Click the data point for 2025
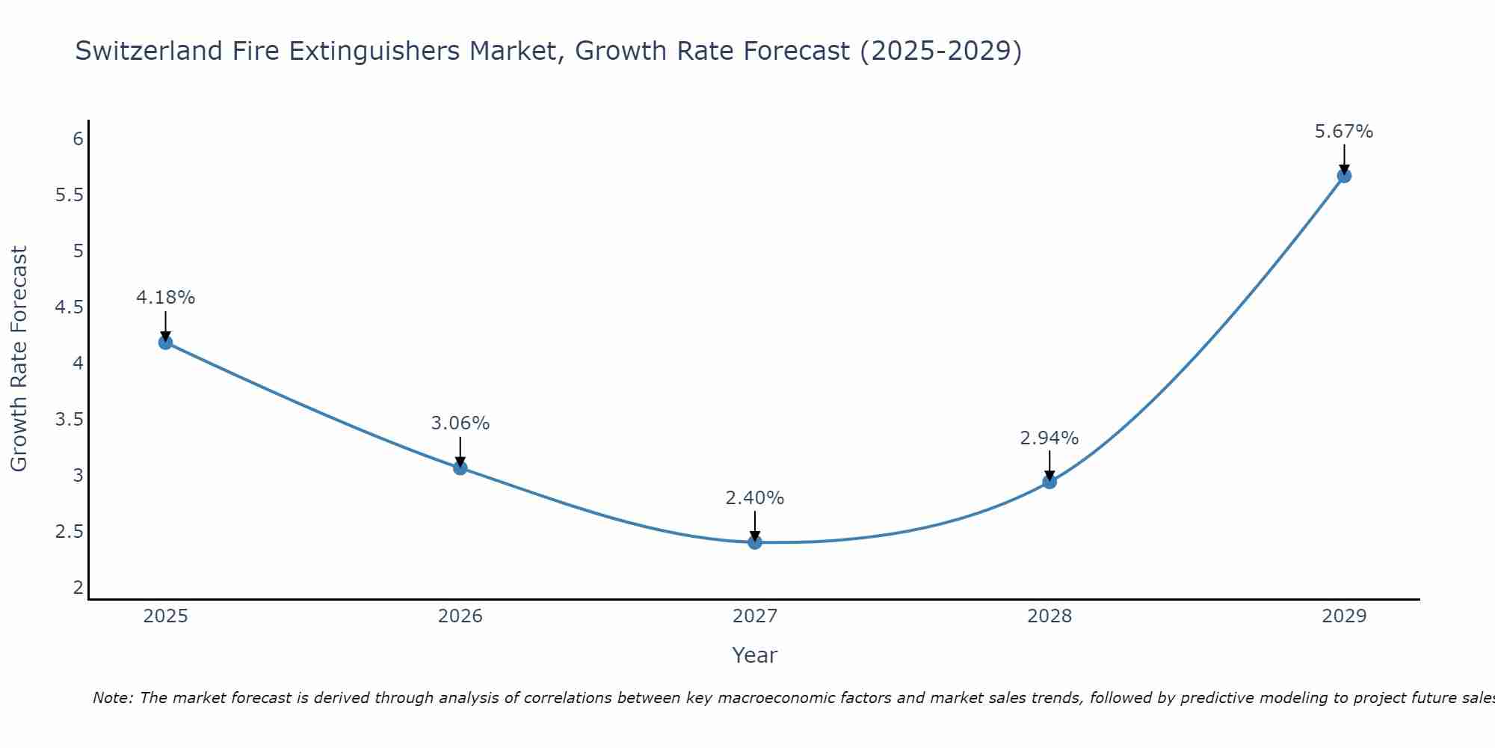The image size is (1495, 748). pos(165,343)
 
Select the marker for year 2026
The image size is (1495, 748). pos(460,468)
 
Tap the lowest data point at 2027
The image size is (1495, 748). pos(755,542)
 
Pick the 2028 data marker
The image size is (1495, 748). pos(1049,482)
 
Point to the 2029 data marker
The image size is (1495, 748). pos(1344,176)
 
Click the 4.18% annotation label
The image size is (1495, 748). pos(165,298)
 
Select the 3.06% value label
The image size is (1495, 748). pos(460,423)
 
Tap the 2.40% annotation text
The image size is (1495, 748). pos(755,498)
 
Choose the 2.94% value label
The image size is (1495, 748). pos(1049,438)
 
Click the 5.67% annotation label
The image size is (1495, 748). pos(1344,132)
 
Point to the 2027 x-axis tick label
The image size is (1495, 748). pos(755,616)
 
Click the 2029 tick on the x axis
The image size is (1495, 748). pos(1344,616)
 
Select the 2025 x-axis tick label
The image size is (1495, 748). pos(165,616)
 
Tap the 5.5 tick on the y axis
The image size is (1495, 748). pos(70,195)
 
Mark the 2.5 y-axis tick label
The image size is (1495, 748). pos(70,532)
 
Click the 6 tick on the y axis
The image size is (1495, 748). pos(78,139)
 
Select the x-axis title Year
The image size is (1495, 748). pos(755,655)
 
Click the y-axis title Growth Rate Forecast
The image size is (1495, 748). pos(19,359)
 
